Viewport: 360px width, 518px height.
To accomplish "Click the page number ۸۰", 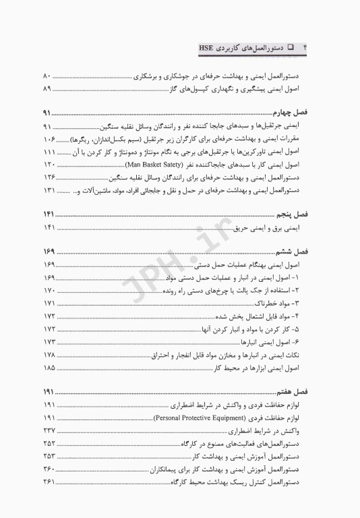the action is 47,76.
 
